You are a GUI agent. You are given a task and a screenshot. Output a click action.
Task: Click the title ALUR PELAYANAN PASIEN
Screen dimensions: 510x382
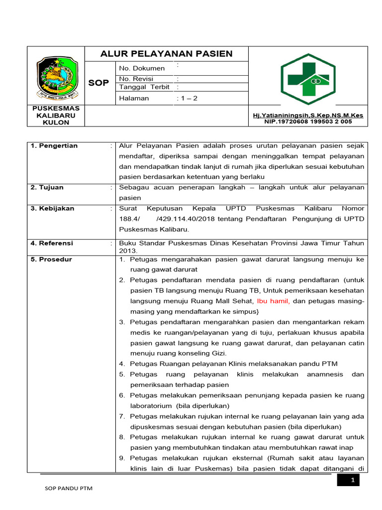[166, 54]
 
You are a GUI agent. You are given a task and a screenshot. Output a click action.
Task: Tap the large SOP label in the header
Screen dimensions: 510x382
[98, 83]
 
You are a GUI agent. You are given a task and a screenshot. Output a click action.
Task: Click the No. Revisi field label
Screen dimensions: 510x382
[136, 79]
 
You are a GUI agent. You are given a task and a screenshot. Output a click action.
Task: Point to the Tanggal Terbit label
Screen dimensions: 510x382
[144, 87]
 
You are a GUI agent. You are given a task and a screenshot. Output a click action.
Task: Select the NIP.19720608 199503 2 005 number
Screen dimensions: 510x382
[308, 122]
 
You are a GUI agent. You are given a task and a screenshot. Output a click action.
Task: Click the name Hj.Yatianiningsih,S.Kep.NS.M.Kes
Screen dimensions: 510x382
[308, 115]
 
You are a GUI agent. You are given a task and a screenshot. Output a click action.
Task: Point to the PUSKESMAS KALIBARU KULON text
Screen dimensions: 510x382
[56, 115]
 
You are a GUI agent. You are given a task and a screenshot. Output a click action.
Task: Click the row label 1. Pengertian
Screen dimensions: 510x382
[54, 146]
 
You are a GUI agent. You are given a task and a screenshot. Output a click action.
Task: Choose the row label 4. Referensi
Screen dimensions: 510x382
[52, 243]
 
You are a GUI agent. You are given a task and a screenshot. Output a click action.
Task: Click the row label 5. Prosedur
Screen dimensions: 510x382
[51, 259]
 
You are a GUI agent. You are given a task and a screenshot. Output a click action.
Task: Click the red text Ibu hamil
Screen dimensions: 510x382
[274, 301]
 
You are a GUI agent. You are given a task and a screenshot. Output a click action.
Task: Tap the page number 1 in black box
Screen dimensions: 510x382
[352, 480]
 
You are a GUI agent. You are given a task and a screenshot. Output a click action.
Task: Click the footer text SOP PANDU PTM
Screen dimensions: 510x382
[69, 489]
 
